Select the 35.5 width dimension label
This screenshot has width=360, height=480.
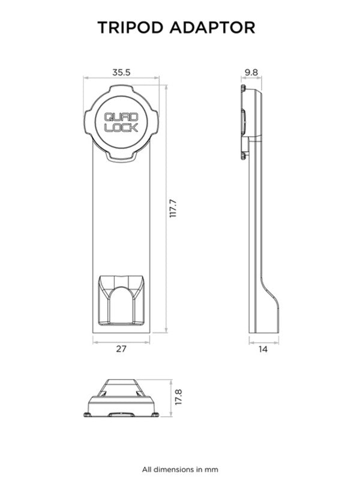point(121,72)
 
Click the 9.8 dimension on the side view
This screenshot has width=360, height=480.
point(250,72)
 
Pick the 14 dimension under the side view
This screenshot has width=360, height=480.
point(263,349)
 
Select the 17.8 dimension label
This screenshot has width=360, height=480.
point(178,397)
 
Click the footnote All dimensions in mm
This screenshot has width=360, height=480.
point(180,469)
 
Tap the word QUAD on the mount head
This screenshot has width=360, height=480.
point(121,118)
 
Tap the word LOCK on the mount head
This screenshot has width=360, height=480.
point(121,128)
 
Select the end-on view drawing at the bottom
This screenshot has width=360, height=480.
point(121,398)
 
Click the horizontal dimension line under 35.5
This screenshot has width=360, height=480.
point(121,78)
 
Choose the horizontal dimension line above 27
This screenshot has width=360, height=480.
point(121,341)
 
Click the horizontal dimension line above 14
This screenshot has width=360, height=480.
point(263,341)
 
